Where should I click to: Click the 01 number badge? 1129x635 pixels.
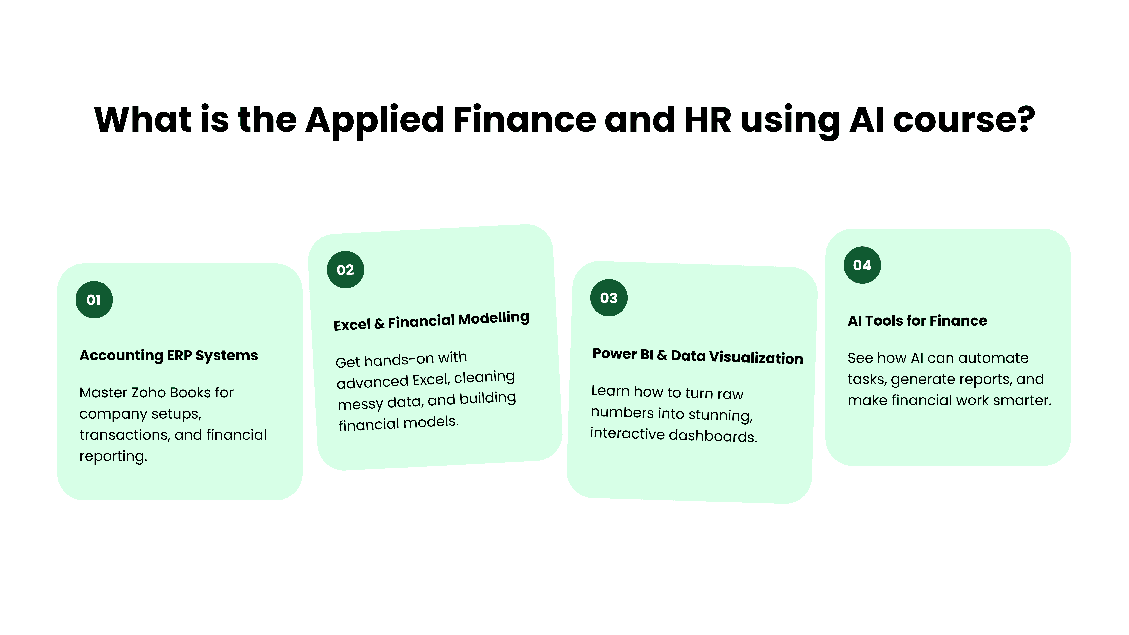[x=94, y=300]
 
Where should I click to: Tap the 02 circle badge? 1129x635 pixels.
[x=345, y=270]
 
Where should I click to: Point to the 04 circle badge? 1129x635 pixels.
[x=862, y=265]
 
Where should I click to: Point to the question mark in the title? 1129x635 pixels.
[x=1026, y=119]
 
